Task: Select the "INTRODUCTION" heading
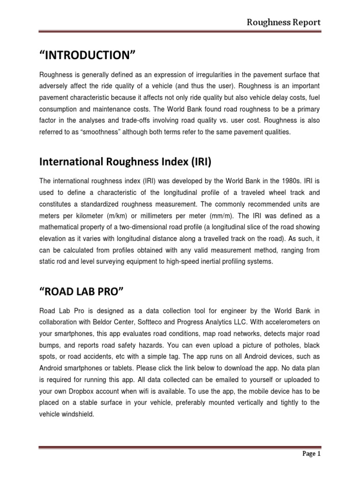tap(87, 56)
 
